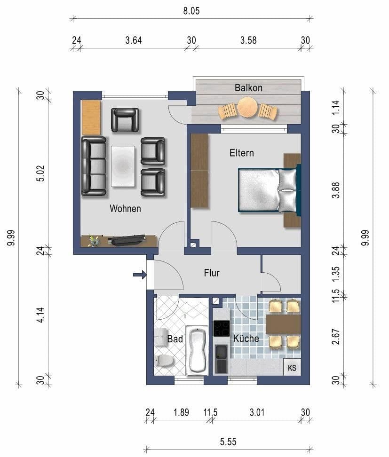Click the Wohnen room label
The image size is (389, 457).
tap(125, 208)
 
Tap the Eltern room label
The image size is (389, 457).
tap(241, 153)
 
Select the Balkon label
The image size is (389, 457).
tap(248, 88)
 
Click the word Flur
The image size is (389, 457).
tap(212, 273)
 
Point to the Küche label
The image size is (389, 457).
tap(246, 339)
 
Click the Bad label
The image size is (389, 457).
tap(175, 339)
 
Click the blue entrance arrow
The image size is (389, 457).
tap(140, 275)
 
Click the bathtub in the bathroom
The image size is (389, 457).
tap(197, 350)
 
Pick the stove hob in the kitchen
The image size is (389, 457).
tap(221, 328)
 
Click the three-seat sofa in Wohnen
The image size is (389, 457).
tap(94, 166)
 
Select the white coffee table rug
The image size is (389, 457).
tap(123, 165)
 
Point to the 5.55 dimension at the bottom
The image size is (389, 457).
tap(228, 441)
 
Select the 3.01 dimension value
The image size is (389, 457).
tap(257, 413)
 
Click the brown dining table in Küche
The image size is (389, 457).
tap(283, 324)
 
